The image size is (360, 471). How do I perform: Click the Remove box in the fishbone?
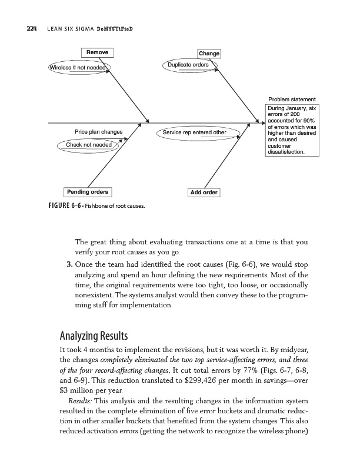(x=96, y=52)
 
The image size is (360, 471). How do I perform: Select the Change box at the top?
(x=209, y=54)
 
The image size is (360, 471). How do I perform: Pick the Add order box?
(x=202, y=193)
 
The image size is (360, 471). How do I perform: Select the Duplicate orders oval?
(x=189, y=64)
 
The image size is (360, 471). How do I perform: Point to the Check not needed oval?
(x=89, y=144)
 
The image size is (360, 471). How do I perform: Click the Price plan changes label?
(x=98, y=131)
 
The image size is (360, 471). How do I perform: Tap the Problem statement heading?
(x=292, y=99)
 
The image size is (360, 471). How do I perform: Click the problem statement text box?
(x=292, y=130)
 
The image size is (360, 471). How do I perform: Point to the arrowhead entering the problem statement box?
(x=262, y=123)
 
